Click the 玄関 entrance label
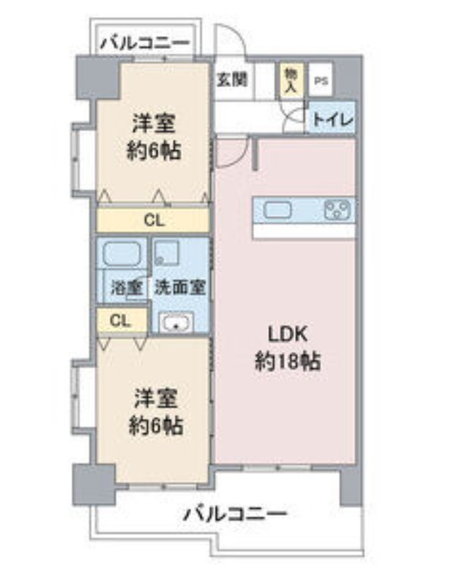tap(232, 79)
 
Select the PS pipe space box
tap(321, 81)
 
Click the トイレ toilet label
tap(332, 120)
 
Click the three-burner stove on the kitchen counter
tap(338, 210)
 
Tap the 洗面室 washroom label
tap(180, 288)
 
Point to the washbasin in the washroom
tap(174, 324)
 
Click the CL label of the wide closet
tap(154, 220)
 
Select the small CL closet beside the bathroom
tap(121, 320)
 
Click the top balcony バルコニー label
tap(144, 43)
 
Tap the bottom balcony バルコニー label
tap(236, 514)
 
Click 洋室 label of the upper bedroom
tap(154, 124)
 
